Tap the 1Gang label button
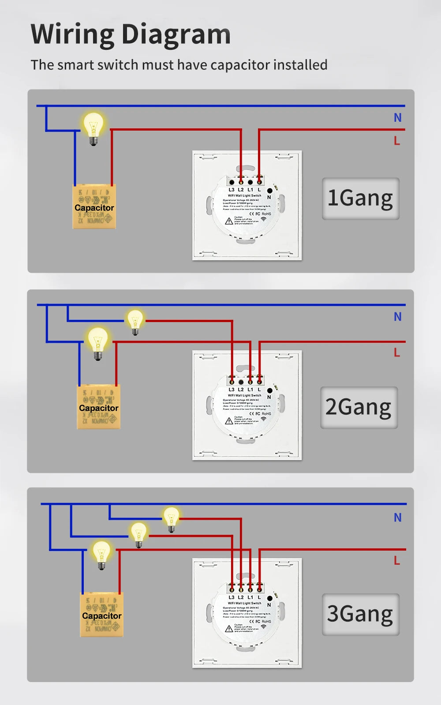point(360,199)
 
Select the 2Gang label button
point(359,407)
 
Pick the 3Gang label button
point(360,614)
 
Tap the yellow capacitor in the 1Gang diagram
point(94,207)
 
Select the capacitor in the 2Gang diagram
point(98,407)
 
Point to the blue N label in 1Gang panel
point(397,118)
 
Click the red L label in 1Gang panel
point(397,141)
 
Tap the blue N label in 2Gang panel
point(397,317)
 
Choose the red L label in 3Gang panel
point(397,561)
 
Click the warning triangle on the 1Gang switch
point(229,221)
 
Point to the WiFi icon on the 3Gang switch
point(264,626)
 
